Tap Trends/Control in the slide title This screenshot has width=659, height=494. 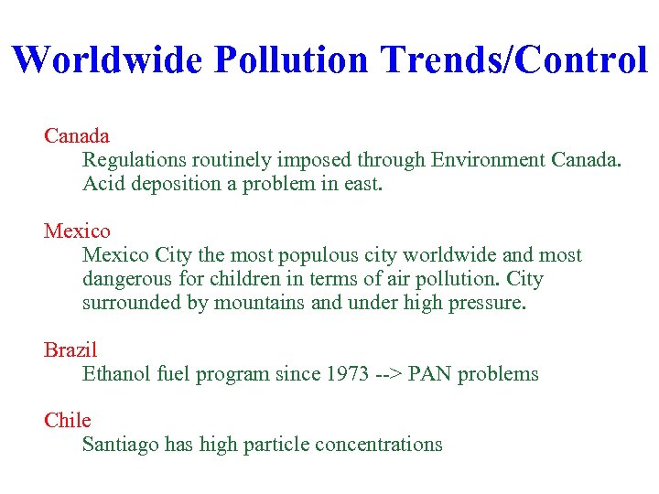(513, 59)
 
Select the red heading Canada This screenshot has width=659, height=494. (77, 136)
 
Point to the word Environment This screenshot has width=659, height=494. (489, 160)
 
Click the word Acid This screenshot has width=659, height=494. (103, 184)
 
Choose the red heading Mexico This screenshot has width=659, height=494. (77, 231)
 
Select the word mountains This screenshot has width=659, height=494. (261, 303)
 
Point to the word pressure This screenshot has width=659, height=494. (488, 303)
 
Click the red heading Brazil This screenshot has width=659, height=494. (70, 350)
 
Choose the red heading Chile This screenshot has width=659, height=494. (68, 421)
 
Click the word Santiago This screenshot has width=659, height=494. (120, 446)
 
